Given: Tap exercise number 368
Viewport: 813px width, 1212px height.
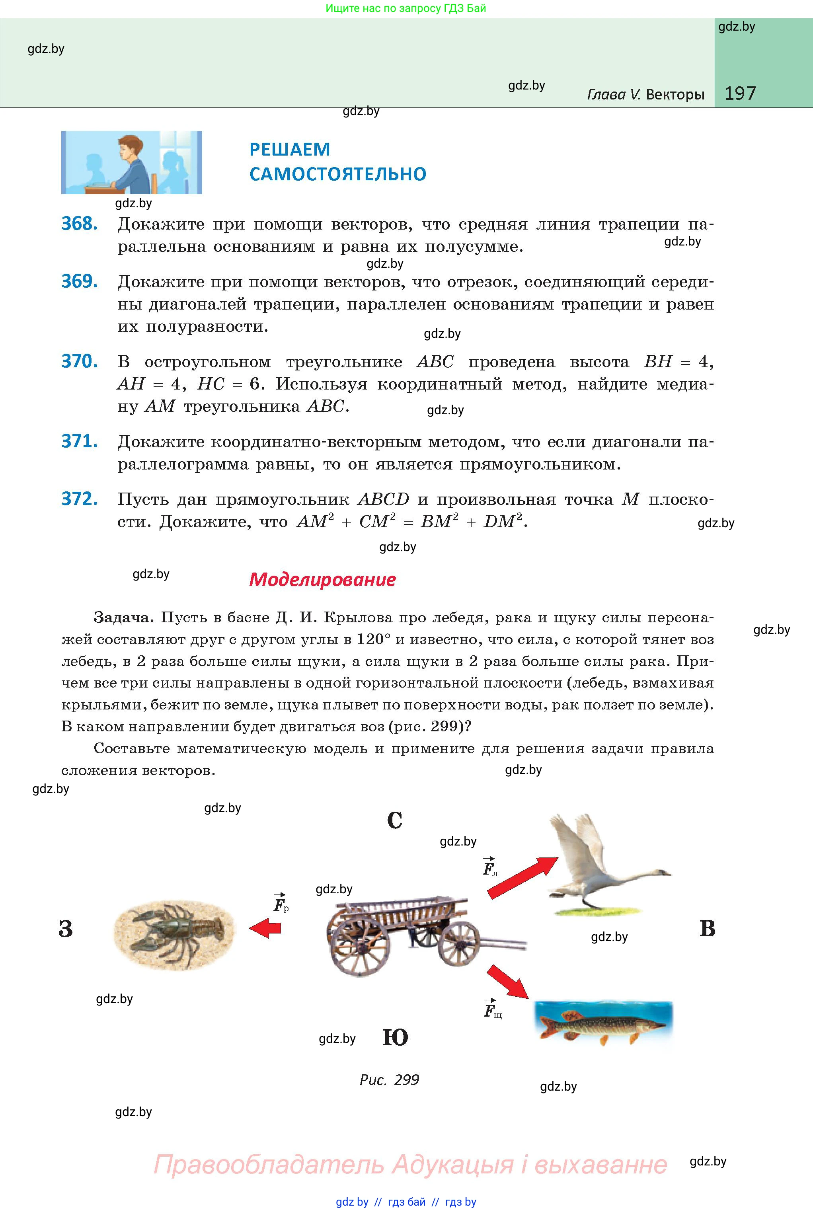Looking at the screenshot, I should (79, 224).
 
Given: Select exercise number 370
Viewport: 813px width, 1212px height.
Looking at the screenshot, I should (79, 361).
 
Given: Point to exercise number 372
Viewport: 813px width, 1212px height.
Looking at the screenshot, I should (79, 499).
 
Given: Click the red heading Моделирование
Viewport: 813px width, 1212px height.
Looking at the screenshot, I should (322, 579).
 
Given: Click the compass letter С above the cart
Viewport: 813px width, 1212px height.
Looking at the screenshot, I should (395, 820).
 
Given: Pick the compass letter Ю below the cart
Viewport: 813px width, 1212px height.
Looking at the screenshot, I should (395, 1037).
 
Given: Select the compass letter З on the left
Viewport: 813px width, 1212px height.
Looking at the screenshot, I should (66, 928).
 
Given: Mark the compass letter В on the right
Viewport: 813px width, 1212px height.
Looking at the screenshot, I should (707, 928).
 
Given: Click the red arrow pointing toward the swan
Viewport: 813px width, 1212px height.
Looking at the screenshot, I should (522, 877).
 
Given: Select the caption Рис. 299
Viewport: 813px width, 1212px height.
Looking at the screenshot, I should (390, 1080).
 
